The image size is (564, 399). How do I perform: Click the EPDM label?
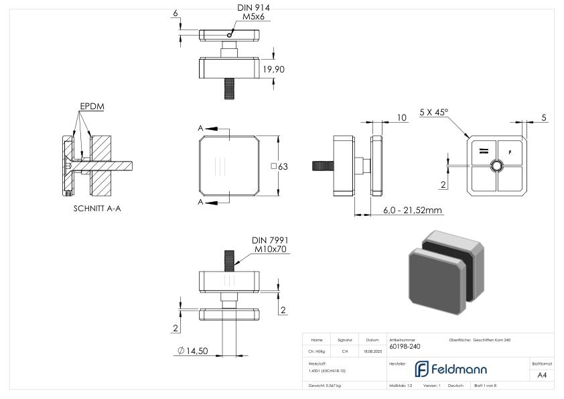[92, 107]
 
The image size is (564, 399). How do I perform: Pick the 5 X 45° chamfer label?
[433, 113]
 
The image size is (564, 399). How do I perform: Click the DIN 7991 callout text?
[270, 240]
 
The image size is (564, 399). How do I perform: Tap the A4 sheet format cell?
[542, 375]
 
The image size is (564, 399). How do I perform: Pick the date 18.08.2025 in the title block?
[372, 351]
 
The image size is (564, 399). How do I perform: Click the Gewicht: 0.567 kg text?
[324, 386]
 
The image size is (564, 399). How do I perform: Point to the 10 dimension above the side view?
[401, 117]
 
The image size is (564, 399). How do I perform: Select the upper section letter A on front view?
[201, 128]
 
